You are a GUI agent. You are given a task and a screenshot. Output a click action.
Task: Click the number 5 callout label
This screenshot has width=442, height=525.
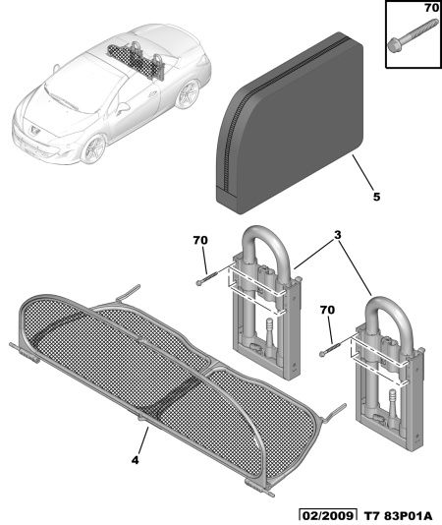377,197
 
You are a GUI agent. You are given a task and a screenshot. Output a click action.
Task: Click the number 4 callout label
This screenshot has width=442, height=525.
135,460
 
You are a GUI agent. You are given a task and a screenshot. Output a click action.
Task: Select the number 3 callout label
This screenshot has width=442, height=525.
338,235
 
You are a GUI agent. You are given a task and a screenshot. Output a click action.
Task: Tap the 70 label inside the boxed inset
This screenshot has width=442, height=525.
431,7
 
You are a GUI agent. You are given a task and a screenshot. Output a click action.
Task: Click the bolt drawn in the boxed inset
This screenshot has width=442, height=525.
413,35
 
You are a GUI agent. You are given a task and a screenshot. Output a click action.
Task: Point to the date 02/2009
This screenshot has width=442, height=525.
327,516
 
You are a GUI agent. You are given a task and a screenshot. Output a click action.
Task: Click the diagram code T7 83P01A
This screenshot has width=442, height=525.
398,516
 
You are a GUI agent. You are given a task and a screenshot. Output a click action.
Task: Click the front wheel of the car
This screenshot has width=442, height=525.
93,148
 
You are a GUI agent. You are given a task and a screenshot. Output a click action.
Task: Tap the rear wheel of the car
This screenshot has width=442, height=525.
188,94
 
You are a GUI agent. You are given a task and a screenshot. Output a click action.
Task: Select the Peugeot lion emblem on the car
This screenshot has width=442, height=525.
35,129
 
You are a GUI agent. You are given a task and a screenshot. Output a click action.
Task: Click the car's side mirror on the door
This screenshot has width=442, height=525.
123,108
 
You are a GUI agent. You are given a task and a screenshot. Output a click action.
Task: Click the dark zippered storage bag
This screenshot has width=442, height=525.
290,123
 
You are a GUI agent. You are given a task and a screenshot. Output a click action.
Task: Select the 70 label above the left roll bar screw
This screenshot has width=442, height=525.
200,241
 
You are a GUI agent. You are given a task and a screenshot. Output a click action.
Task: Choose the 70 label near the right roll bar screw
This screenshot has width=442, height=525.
327,310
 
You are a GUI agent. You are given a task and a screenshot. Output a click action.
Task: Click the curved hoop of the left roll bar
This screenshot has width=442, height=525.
266,229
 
